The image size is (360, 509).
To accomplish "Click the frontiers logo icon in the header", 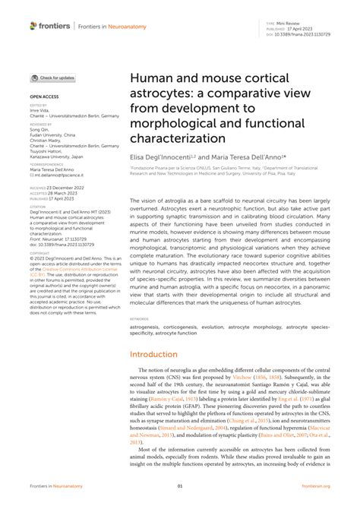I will click(33, 26).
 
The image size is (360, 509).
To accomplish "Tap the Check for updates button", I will click(52, 78).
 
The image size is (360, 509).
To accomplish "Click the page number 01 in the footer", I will click(180, 485).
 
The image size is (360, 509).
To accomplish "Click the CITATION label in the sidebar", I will click(39, 205).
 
